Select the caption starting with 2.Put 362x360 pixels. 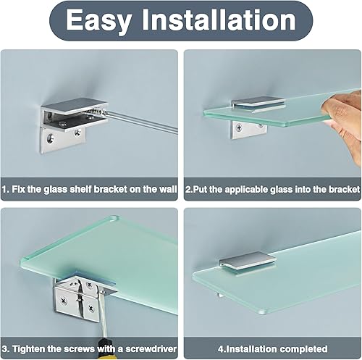[272, 189]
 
